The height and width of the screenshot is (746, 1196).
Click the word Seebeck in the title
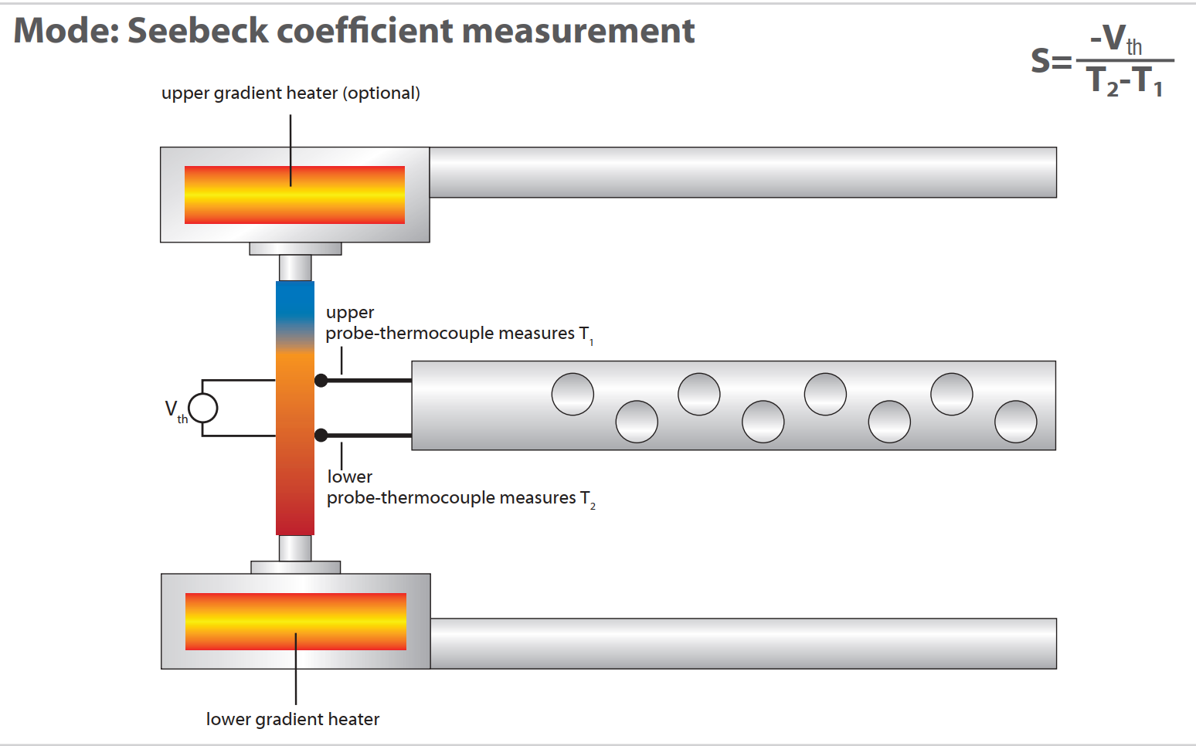pos(198,30)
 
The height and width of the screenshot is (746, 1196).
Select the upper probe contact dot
pos(321,381)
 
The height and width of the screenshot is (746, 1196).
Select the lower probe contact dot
pos(321,436)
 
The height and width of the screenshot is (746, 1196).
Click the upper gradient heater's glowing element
pos(294,195)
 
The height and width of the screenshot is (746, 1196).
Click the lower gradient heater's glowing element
pos(296,622)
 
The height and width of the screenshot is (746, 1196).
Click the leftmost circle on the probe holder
pos(573,395)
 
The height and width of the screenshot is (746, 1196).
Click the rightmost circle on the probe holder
pos(1015,422)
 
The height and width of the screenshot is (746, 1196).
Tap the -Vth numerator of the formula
pos(1116,39)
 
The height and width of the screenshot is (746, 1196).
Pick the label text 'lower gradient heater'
pos(293,719)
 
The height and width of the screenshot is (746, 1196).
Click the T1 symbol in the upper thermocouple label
pos(586,334)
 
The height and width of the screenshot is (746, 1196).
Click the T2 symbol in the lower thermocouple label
pos(587,500)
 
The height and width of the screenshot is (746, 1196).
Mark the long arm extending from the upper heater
pos(742,172)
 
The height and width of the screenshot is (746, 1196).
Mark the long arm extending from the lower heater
pos(743,643)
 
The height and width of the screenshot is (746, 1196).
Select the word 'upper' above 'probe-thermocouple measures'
pos(350,313)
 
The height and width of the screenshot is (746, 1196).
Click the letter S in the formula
pos(1041,60)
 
